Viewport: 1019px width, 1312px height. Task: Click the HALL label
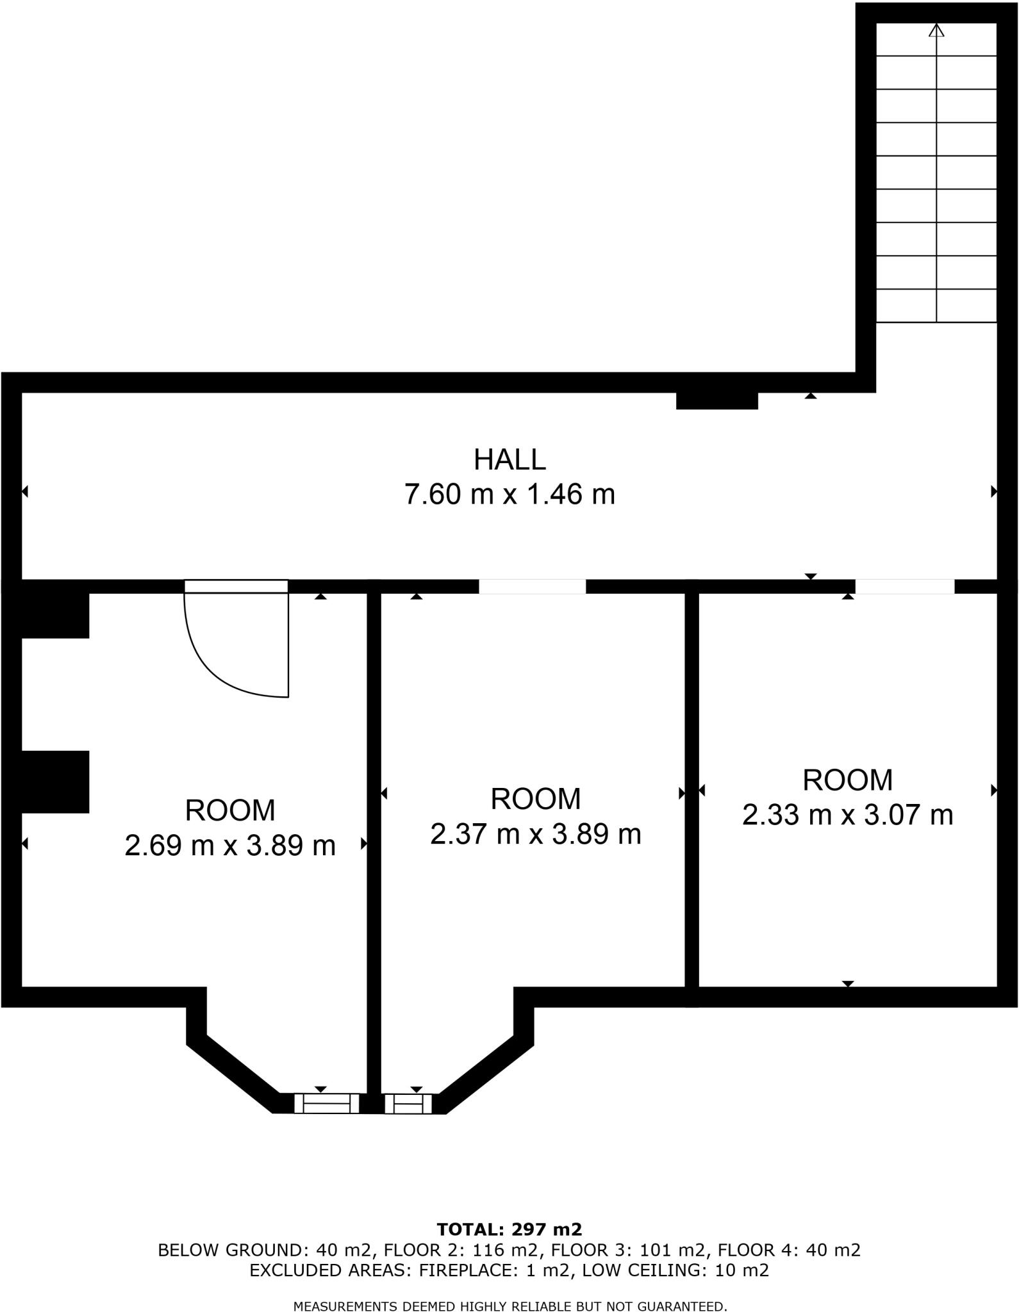click(509, 460)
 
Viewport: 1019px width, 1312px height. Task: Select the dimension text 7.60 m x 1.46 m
click(509, 495)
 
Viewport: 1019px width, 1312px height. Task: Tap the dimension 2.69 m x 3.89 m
click(230, 846)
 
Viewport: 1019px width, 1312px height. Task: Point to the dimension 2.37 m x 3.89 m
click(535, 834)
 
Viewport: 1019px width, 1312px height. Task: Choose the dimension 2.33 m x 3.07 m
click(847, 815)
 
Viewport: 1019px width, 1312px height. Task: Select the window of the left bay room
click(326, 1103)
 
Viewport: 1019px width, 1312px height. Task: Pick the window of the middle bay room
click(408, 1104)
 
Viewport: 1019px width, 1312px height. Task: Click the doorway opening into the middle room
click(532, 586)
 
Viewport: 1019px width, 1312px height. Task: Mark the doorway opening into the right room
click(904, 586)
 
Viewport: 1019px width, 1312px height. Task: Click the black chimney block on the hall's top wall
click(717, 400)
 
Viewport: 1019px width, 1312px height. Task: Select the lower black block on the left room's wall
click(55, 782)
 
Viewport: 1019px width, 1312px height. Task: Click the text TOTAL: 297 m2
click(509, 1229)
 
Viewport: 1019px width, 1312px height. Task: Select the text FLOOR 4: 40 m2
click(789, 1250)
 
